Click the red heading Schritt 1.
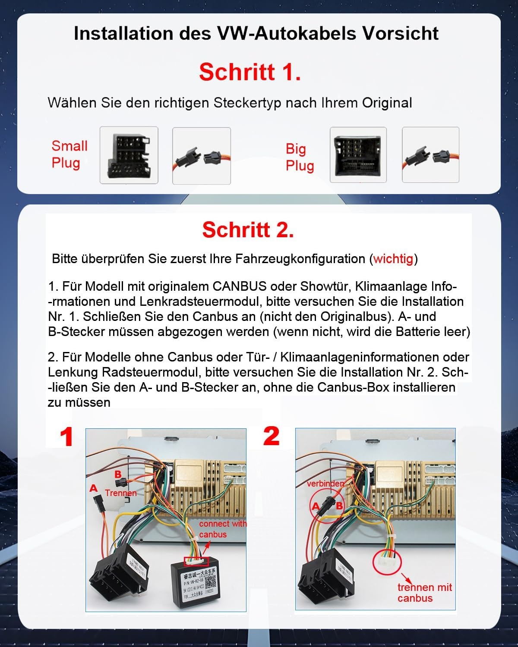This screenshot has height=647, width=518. pos(250,72)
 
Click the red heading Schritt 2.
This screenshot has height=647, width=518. pos(248,230)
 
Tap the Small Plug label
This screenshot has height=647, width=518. pos(69,154)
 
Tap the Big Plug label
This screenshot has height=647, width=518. pos(299,157)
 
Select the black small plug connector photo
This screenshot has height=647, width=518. pos(129,155)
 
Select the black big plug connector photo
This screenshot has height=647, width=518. pos(358,155)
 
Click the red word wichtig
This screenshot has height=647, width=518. pos(393,259)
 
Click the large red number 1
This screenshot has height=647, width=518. pos(66,437)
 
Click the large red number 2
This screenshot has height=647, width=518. pos(271,437)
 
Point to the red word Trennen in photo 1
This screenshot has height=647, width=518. pos(120,493)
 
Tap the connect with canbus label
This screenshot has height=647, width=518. pos(222,529)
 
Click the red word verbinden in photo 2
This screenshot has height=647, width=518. pos(325,484)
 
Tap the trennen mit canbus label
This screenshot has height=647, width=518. pos(424,593)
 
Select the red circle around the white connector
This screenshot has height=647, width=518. pos(387,562)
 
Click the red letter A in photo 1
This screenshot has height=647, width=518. pos(93,489)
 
